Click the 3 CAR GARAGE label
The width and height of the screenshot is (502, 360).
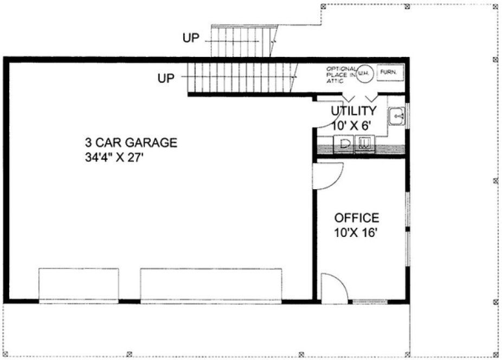[131, 143]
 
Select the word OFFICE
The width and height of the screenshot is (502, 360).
[356, 218]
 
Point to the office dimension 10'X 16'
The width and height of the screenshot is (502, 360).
[356, 234]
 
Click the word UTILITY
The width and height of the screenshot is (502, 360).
[353, 111]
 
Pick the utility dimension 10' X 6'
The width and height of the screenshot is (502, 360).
[353, 125]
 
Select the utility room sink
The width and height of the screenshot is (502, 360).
[397, 116]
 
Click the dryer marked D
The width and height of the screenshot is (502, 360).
[345, 144]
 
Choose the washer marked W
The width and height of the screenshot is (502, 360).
[364, 144]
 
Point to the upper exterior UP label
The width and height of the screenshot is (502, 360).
[191, 37]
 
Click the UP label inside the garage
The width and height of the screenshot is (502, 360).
[166, 79]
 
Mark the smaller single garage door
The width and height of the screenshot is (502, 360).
[79, 284]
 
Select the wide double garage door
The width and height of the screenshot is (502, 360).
[211, 284]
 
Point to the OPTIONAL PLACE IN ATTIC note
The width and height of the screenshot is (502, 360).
[341, 74]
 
